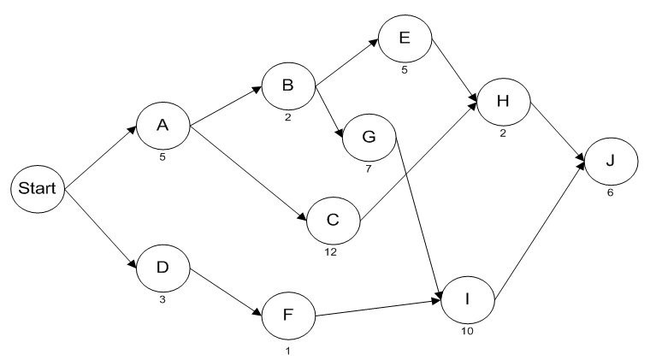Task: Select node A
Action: [162, 125]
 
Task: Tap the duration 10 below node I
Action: [466, 330]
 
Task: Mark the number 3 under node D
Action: [162, 300]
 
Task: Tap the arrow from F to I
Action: [377, 308]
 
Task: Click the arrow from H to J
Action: [559, 132]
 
